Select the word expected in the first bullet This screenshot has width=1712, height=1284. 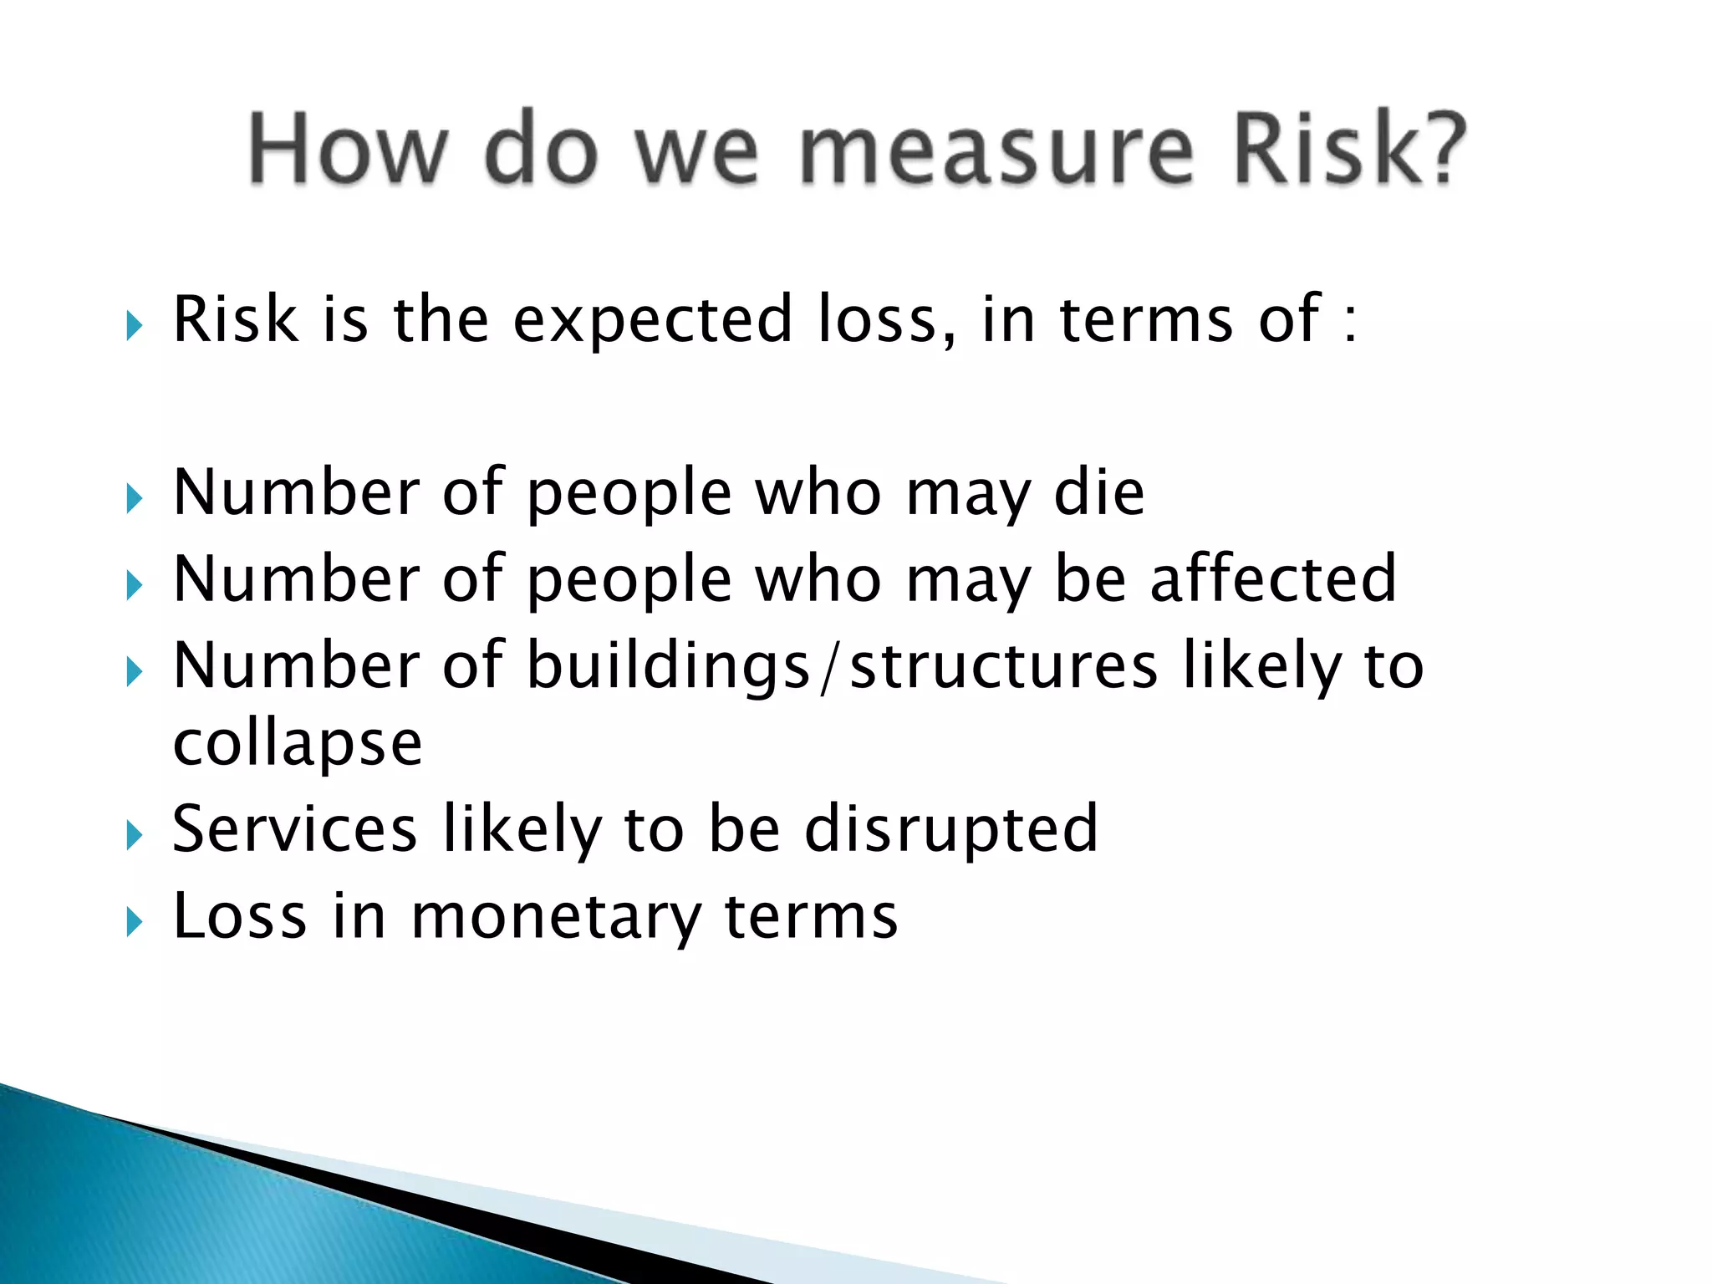(652, 320)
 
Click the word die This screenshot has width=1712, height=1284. (1098, 492)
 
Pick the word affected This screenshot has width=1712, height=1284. (1273, 578)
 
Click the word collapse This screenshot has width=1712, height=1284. (298, 744)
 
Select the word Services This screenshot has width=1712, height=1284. (294, 828)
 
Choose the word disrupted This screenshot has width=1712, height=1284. (951, 828)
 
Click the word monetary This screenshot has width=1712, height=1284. (556, 917)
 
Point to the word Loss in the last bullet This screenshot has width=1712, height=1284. (240, 916)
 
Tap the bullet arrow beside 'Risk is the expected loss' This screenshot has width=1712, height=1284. (135, 325)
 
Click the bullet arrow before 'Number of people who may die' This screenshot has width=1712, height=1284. (135, 499)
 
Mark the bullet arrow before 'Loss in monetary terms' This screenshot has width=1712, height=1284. (135, 922)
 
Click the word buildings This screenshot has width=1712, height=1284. (669, 667)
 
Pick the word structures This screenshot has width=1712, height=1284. (1004, 667)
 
